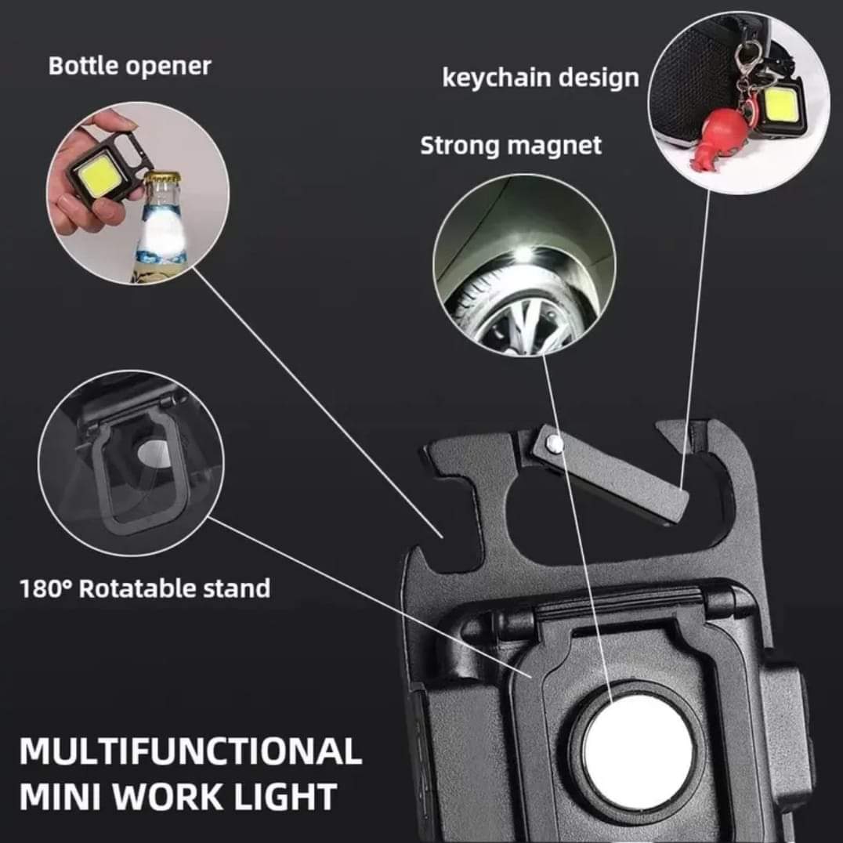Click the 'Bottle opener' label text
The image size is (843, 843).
(x=129, y=67)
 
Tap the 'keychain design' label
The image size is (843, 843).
(x=541, y=78)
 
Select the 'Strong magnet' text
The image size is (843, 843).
(x=511, y=146)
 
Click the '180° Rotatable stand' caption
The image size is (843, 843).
(x=145, y=588)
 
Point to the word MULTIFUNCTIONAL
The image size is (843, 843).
(x=190, y=751)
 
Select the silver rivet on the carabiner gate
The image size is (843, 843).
(x=555, y=443)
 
